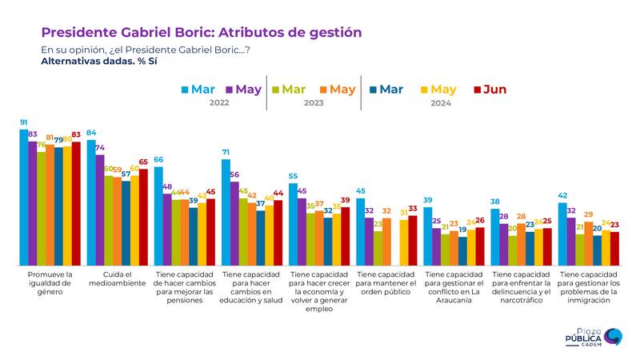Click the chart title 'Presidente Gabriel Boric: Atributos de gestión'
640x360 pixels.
pos(201,32)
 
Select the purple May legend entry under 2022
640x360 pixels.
pos(243,90)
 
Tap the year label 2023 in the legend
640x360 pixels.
pos(314,103)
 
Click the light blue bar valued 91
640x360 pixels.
pos(24,196)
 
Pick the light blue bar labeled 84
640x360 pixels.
pos(91,202)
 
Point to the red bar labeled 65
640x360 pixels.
pos(143,216)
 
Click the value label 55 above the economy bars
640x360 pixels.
pos(294,175)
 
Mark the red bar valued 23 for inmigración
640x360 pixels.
pos(614,248)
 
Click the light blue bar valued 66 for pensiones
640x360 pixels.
pos(158,216)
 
